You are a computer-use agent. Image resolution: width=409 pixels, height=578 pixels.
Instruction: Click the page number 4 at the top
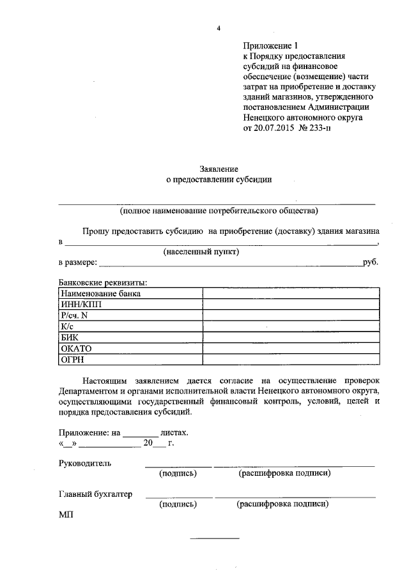point(219,29)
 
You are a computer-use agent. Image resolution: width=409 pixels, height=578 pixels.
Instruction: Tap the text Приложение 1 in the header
point(270,46)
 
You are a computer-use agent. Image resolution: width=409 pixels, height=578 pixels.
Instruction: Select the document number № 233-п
point(311,128)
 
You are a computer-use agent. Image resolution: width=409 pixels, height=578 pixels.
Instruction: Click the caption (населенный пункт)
point(201,252)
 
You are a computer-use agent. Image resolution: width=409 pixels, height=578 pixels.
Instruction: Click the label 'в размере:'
point(78,262)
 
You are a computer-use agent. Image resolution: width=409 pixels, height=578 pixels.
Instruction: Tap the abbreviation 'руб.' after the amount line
point(371,262)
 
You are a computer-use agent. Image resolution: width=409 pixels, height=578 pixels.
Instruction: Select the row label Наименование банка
point(100,293)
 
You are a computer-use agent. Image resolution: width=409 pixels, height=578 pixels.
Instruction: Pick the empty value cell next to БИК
point(291,337)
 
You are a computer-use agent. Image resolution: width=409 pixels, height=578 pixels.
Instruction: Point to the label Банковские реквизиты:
point(103,282)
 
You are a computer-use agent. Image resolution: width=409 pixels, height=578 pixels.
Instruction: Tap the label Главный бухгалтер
point(95,494)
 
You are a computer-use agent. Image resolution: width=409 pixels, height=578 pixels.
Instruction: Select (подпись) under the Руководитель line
point(178,474)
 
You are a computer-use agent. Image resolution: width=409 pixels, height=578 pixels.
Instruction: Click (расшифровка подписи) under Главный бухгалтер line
point(282,504)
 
